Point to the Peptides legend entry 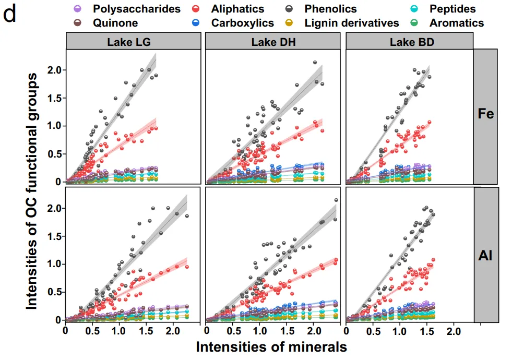coord(453,9)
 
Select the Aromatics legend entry coord(457,23)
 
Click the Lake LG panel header coord(133,42)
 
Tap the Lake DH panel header coord(273,42)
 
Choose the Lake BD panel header coord(409,42)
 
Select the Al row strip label coord(486,255)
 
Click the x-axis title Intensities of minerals coord(271,346)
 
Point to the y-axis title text coord(32,190)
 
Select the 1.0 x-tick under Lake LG coord(119,331)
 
